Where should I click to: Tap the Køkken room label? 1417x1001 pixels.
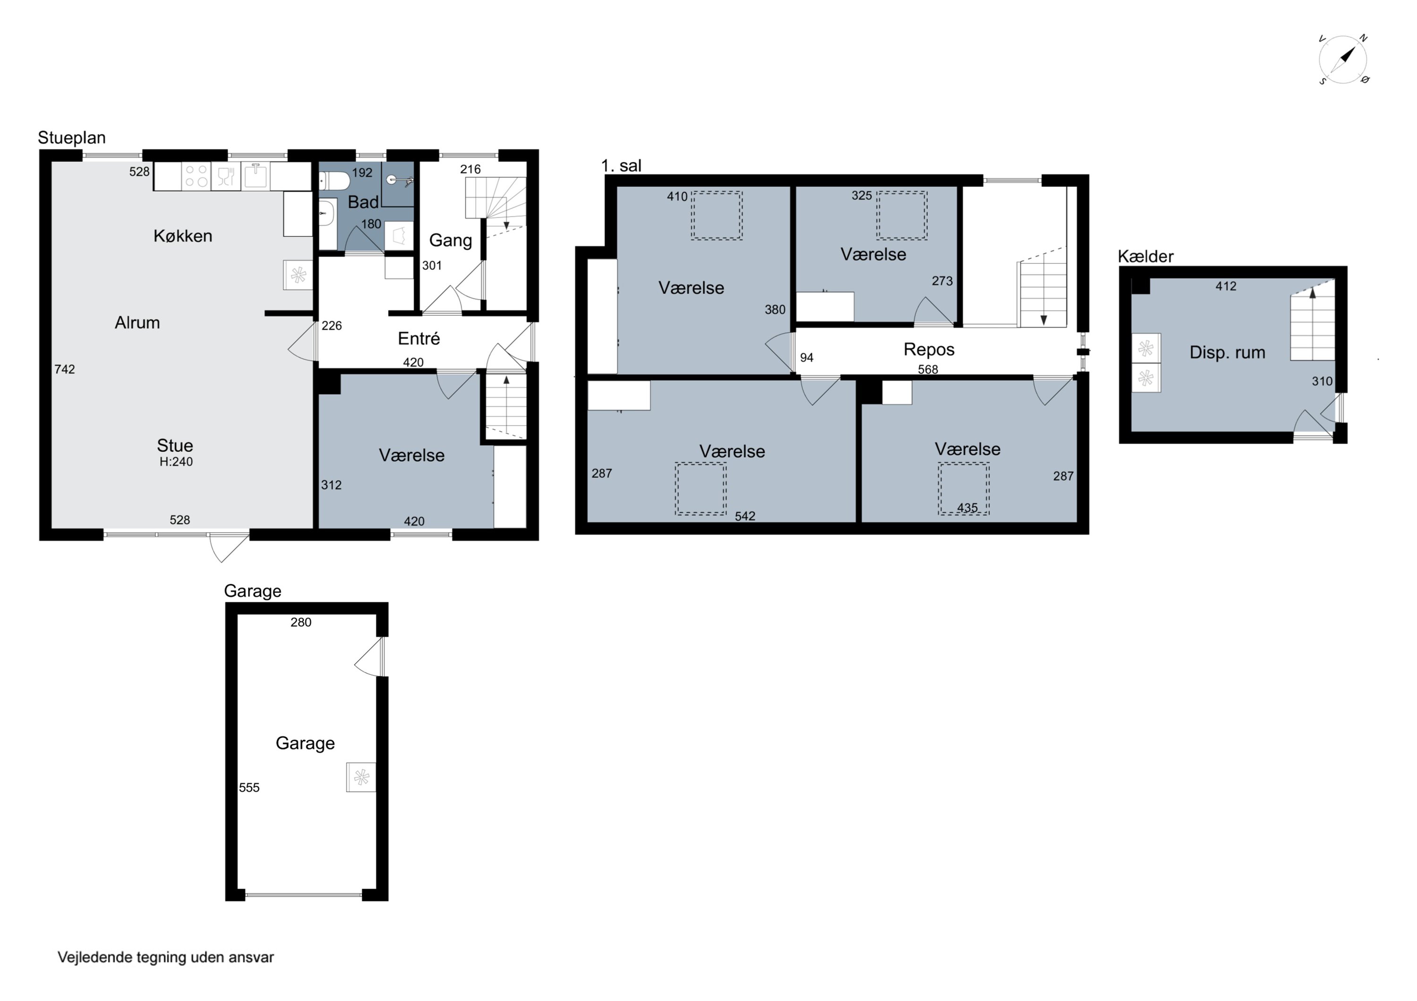[183, 236]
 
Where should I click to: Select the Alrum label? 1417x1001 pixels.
[137, 322]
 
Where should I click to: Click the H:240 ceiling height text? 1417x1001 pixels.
[176, 462]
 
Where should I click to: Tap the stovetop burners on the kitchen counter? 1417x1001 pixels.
[196, 176]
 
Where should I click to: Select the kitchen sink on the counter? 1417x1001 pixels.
[256, 176]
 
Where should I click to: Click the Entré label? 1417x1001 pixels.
[418, 338]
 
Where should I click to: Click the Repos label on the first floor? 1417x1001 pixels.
[929, 350]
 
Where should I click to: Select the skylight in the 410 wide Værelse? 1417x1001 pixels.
[717, 215]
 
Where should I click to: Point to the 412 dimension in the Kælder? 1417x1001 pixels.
[1226, 286]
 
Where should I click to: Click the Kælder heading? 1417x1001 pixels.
[1145, 257]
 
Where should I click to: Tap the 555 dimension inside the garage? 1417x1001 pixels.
[249, 788]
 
